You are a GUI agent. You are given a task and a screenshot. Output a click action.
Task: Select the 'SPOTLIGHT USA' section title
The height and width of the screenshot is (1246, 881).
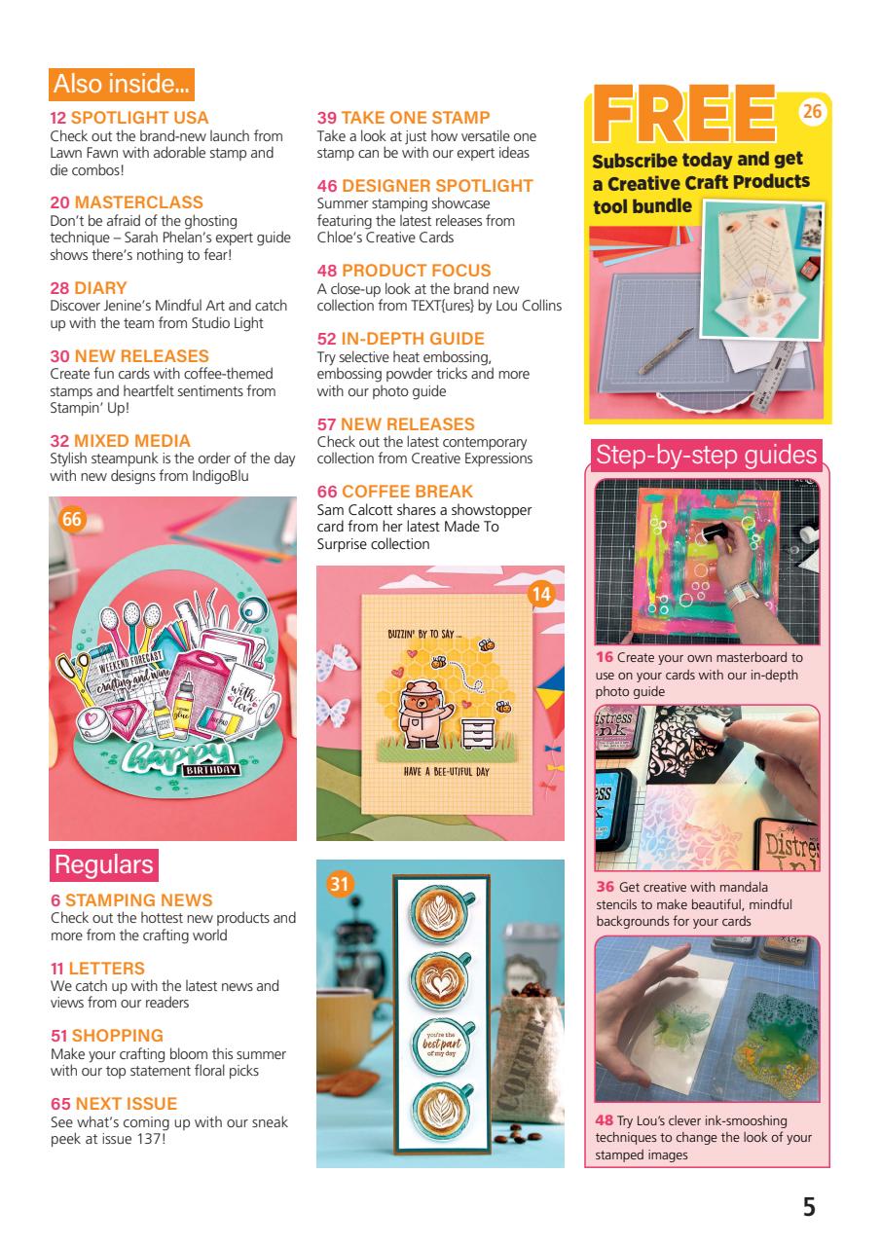point(140,119)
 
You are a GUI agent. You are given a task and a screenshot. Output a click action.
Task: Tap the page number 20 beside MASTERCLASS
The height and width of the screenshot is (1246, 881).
point(59,202)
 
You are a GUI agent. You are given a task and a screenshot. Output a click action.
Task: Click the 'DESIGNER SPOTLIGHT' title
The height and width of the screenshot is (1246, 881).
point(437,186)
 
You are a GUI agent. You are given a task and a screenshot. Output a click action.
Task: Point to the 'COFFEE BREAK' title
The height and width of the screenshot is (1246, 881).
point(407,492)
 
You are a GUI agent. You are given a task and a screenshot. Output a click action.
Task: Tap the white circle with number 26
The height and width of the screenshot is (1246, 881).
point(812,113)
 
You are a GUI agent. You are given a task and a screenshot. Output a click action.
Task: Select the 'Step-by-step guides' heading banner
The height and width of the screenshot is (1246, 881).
point(706,455)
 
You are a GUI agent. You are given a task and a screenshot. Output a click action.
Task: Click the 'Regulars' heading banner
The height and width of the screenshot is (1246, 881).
point(103,864)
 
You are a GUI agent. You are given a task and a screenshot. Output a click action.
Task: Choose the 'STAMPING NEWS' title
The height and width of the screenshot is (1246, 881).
point(139,900)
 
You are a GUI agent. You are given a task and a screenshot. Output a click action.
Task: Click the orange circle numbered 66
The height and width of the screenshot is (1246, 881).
point(72,520)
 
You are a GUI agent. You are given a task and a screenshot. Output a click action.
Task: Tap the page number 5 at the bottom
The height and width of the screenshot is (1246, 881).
point(809,1208)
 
